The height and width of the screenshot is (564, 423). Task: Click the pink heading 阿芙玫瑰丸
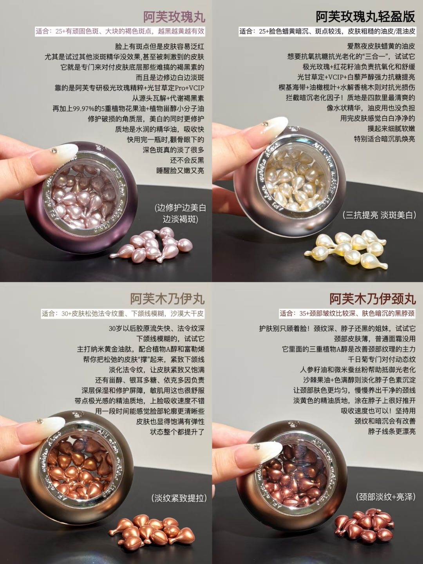(x=174, y=17)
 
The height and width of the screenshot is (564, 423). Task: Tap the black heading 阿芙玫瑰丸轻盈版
(x=365, y=17)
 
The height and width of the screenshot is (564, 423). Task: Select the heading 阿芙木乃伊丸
(x=167, y=299)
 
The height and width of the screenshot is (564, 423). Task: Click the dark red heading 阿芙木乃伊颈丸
(x=372, y=299)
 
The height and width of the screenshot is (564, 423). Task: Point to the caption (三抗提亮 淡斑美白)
(x=379, y=215)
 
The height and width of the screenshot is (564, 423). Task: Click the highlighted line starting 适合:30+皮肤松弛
(x=123, y=313)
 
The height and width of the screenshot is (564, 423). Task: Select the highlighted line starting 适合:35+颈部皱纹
(x=347, y=313)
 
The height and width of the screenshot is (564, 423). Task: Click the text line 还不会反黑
(x=187, y=160)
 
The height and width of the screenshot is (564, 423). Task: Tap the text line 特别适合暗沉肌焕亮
(x=385, y=139)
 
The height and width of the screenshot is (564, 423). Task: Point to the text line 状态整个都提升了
(x=177, y=432)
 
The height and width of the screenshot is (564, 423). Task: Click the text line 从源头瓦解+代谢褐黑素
(x=168, y=98)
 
